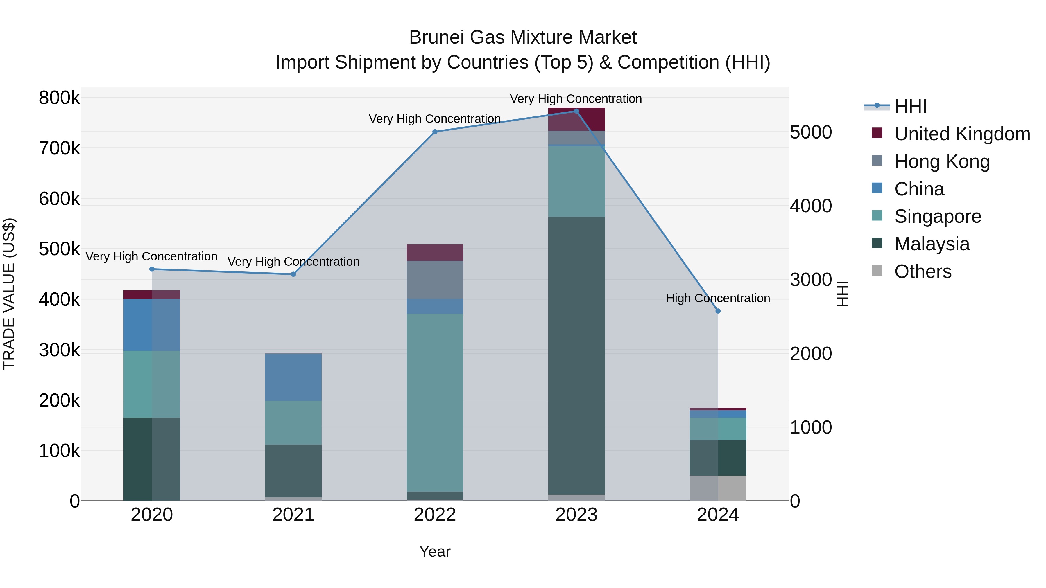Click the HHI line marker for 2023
(576, 111)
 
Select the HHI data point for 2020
(152, 269)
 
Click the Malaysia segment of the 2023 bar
(576, 355)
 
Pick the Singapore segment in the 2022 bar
(435, 402)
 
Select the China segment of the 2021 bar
(293, 377)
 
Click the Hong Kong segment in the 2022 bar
(435, 280)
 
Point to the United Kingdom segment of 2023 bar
(576, 119)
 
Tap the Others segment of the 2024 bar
(718, 488)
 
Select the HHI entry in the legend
(910, 106)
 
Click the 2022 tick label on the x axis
(435, 515)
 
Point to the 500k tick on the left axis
(59, 249)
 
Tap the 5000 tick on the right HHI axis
(810, 132)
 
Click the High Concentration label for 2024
(718, 298)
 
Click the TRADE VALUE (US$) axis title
(9, 294)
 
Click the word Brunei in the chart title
(436, 37)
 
